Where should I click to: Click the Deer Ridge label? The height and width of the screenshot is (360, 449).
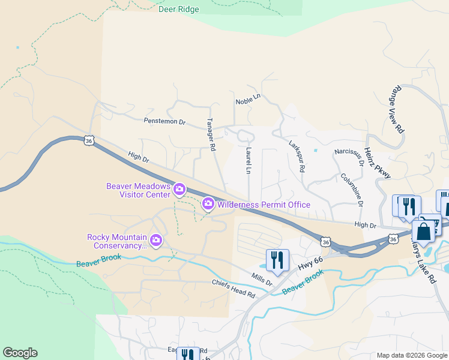click(178, 9)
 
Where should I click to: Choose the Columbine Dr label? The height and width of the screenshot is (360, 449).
click(352, 190)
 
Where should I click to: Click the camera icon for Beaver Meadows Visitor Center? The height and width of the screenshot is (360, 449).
click(179, 190)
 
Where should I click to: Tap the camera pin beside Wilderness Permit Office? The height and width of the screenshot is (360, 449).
click(208, 205)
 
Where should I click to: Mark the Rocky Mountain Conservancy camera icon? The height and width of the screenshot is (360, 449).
click(156, 241)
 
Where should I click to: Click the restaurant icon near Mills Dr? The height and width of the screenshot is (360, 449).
click(277, 260)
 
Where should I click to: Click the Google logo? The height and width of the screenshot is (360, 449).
click(20, 353)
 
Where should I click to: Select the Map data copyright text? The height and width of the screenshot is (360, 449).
click(412, 355)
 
